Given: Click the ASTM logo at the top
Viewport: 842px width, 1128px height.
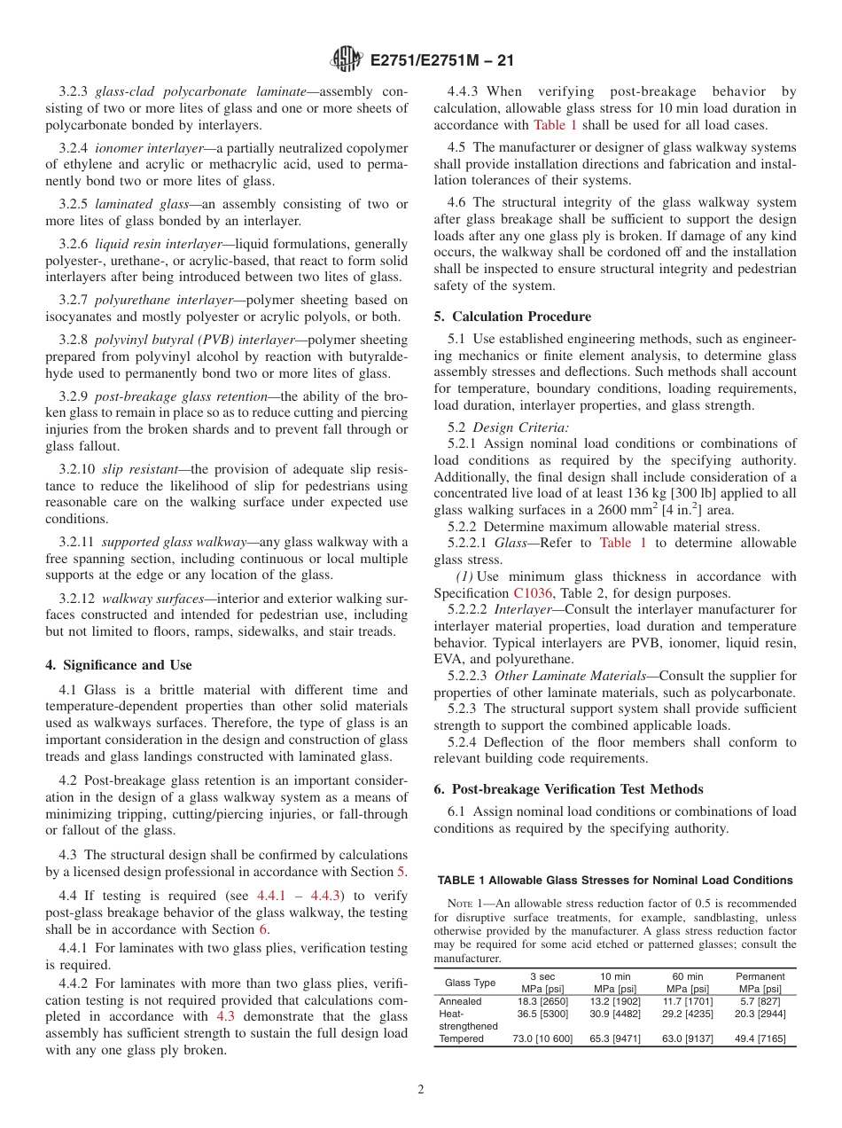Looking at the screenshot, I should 347,60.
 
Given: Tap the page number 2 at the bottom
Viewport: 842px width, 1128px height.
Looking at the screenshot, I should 421,1089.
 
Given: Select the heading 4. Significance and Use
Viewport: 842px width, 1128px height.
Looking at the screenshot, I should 118,665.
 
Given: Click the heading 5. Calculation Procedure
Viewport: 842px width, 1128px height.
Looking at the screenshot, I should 512,317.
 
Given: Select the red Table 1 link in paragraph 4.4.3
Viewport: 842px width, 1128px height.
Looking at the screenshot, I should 555,125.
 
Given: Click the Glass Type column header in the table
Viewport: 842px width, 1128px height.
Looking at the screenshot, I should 470,983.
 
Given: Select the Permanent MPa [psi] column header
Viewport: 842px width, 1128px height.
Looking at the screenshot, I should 760,983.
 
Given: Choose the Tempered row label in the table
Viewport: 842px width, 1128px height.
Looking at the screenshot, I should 462,1038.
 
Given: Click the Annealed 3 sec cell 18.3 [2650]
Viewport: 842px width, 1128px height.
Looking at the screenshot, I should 542,1001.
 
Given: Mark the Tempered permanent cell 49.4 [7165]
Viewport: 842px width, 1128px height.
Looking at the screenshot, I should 760,1038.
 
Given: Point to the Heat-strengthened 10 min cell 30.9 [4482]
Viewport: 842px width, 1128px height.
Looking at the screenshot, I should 615,1014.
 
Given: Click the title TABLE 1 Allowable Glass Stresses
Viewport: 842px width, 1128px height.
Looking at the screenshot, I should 614,881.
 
